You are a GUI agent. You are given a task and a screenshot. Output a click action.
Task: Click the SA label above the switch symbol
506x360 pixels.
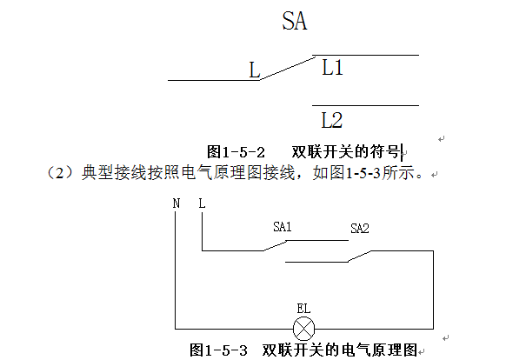coord(295,21)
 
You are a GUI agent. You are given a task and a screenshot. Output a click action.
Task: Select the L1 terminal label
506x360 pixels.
coord(332,68)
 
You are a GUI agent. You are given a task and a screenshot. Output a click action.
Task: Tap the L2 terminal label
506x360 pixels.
coord(332,120)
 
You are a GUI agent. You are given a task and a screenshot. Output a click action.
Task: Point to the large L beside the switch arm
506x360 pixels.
coord(255,70)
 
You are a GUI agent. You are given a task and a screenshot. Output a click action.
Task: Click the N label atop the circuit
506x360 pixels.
coord(176,203)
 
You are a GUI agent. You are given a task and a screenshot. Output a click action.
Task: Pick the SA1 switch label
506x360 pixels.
coord(283,227)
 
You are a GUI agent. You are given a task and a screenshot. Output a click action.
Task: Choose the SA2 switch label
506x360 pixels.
coord(360,229)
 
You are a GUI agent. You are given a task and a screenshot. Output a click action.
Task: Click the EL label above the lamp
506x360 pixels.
coord(303,309)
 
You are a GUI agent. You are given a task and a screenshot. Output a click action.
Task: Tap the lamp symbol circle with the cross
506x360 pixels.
coord(303,329)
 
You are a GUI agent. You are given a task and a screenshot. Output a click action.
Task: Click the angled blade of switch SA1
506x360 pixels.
coord(275,245)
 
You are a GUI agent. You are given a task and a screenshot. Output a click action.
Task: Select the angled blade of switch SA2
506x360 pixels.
coord(359,257)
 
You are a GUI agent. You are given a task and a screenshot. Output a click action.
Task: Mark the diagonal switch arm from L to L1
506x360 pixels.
coord(288,68)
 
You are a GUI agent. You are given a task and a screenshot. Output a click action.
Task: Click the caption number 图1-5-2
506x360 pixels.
coord(236,152)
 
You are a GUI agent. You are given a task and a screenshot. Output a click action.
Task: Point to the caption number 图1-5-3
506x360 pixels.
coord(218,350)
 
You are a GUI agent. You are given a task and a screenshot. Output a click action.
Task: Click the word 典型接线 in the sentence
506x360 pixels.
coord(115,173)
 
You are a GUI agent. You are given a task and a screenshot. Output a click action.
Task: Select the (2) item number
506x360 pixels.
coord(60,173)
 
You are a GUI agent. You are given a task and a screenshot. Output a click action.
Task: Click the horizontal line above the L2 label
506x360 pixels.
coord(365,105)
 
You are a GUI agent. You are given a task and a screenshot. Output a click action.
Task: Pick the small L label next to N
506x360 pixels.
coord(202,203)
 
